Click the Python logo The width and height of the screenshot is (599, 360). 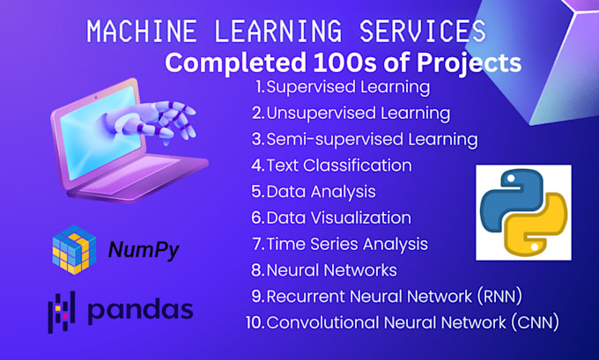pyautogui.click(x=523, y=212)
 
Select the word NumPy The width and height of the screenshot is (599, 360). pyautogui.click(x=144, y=250)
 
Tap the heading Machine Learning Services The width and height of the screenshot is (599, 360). pyautogui.click(x=286, y=33)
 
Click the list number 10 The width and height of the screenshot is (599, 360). pyautogui.click(x=255, y=322)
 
